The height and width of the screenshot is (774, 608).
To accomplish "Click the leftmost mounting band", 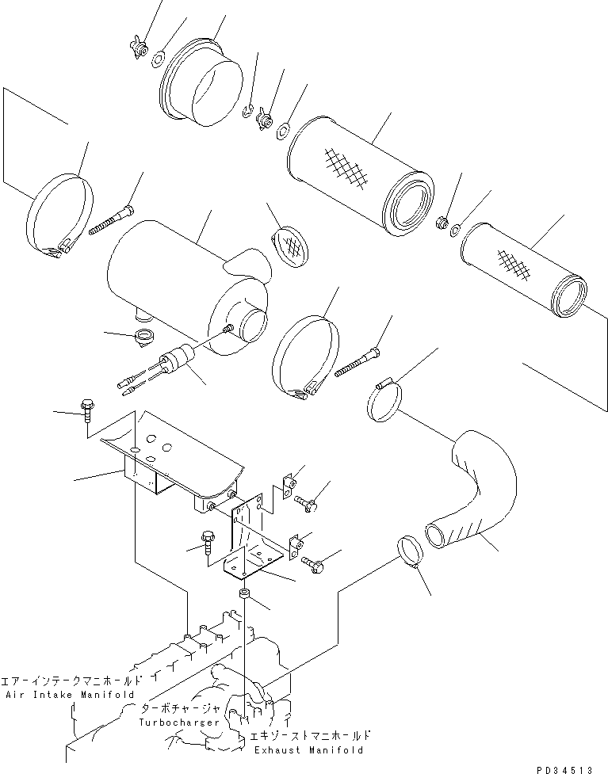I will coord(61,220).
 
